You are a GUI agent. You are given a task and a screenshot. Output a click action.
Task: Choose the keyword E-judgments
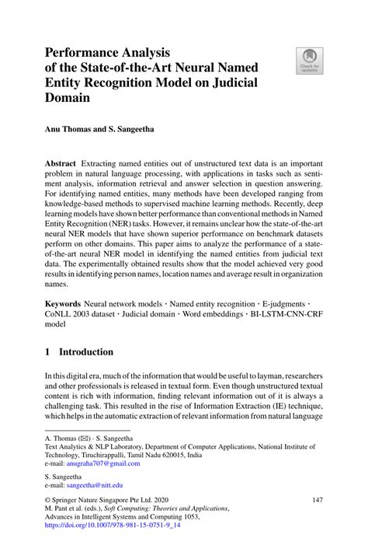295,301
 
